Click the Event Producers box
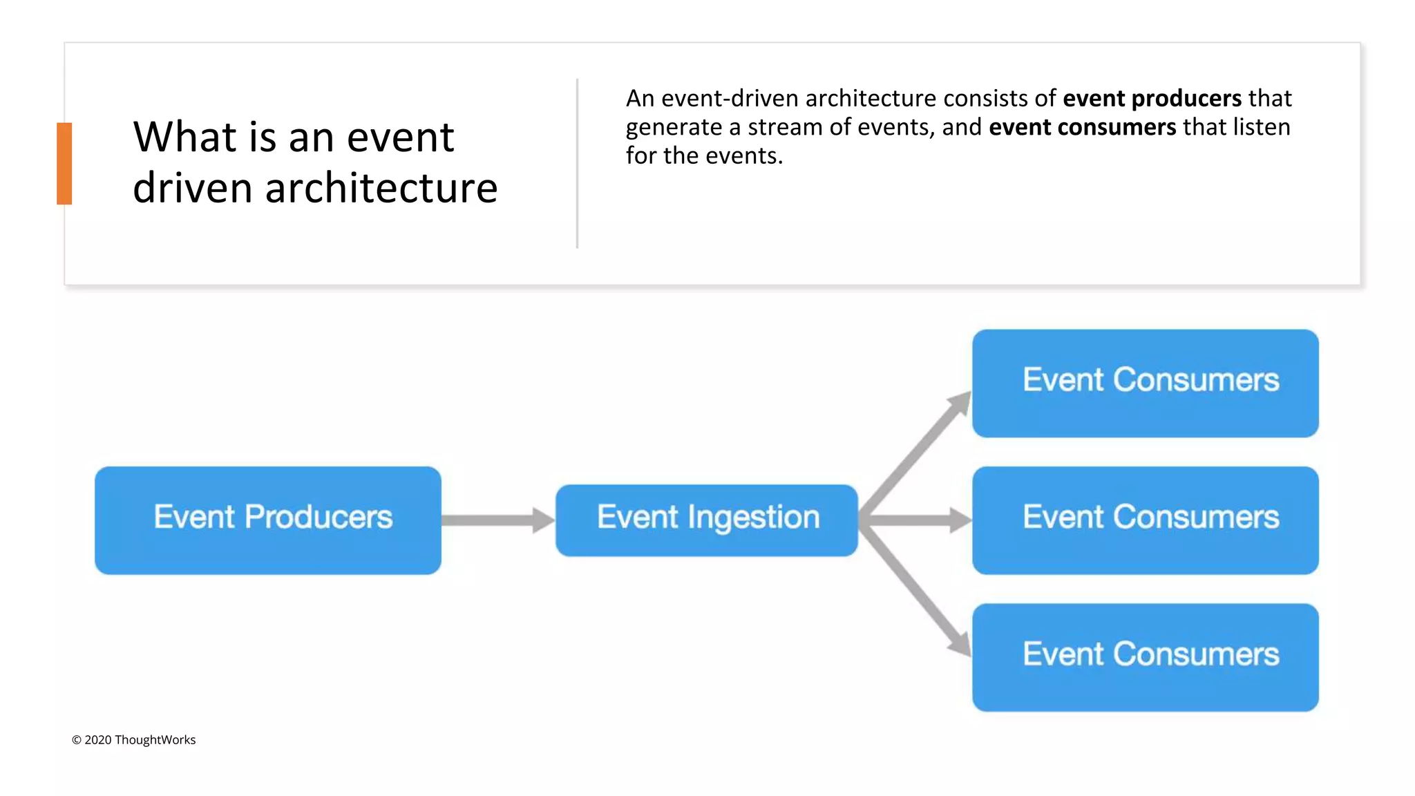click(268, 520)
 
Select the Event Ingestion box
click(707, 520)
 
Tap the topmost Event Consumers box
click(1145, 383)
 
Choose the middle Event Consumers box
click(1145, 520)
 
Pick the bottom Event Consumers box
click(1145, 657)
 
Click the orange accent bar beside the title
click(64, 163)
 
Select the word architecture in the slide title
click(381, 188)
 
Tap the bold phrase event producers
click(1152, 99)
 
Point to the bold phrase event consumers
click(1082, 128)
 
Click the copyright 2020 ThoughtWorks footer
click(134, 740)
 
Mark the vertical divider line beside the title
click(577, 163)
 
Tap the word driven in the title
click(193, 188)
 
